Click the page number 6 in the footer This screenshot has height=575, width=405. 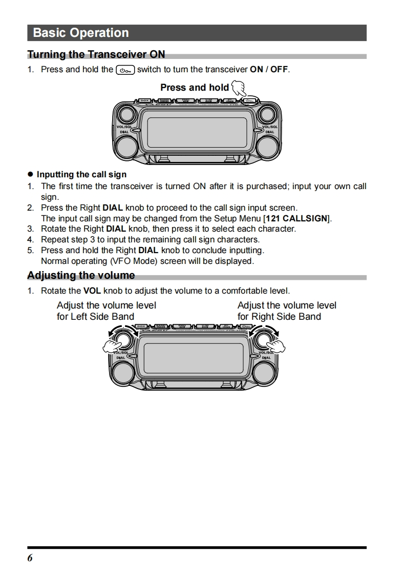tap(30, 558)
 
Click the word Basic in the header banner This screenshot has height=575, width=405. tap(49, 33)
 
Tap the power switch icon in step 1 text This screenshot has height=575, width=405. tap(125, 70)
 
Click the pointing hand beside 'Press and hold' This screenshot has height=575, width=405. tap(238, 89)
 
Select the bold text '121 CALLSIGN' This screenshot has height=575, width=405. tap(297, 218)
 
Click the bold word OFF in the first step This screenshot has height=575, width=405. tap(279, 70)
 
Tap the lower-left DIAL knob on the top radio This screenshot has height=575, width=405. tap(124, 147)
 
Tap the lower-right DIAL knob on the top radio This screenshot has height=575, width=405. tap(268, 147)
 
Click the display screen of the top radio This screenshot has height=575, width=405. tap(197, 132)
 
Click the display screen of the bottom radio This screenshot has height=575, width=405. tap(194, 357)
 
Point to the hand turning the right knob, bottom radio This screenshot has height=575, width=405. tap(276, 347)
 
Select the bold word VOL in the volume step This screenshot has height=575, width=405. tap(92, 291)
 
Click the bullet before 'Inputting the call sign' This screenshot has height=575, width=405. tap(30, 175)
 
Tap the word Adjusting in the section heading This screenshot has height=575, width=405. tap(51, 276)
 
